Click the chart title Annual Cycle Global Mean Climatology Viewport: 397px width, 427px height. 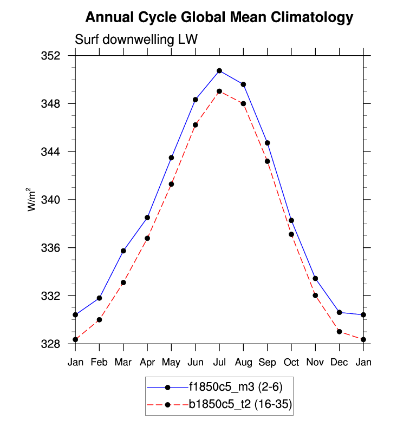point(219,17)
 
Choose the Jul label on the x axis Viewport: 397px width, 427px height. point(219,362)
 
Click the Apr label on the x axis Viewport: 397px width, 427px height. point(147,362)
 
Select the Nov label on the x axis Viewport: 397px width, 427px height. point(315,362)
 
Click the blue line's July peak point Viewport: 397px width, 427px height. point(219,71)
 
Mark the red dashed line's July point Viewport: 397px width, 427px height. point(219,91)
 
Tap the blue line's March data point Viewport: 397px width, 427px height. point(123,251)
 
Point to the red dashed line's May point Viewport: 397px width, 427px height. point(171,184)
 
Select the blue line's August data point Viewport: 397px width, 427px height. point(243,84)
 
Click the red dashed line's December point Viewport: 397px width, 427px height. point(339,331)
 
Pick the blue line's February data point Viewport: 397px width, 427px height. point(99,298)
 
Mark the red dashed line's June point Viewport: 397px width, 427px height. point(195,125)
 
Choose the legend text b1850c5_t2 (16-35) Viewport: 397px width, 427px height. point(240,404)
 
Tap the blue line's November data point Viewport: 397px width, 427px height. point(315,278)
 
